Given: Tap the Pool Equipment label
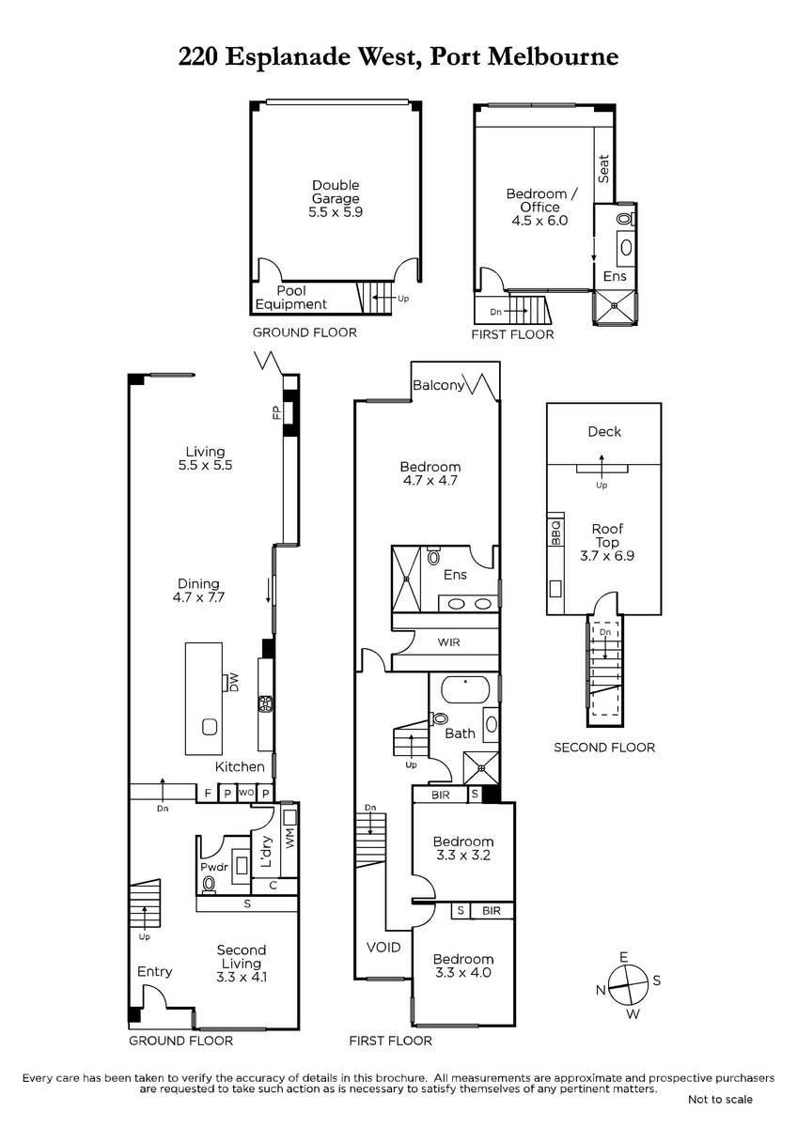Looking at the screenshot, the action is point(291,298).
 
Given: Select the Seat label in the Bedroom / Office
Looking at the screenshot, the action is point(603,168).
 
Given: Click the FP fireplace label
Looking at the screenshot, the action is point(276,413).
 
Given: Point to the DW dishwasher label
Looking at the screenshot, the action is point(233,683).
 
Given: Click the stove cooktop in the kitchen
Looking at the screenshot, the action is point(265,703).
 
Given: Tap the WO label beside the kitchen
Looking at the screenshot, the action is point(246,793).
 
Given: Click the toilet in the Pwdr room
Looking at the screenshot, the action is point(209,883).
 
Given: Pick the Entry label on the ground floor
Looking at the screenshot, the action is point(154,971).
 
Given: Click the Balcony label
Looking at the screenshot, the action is point(439,385).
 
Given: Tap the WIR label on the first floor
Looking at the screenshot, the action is point(448,642).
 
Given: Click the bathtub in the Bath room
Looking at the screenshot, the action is point(465,688).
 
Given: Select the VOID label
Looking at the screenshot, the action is point(383,948).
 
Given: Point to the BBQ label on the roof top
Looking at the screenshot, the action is point(555,533).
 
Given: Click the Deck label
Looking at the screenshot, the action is point(604,432).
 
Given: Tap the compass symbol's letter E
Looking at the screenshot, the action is point(624,956).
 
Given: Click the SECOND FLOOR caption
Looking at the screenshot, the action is point(604,748).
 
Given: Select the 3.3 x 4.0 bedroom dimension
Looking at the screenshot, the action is point(463,973).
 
